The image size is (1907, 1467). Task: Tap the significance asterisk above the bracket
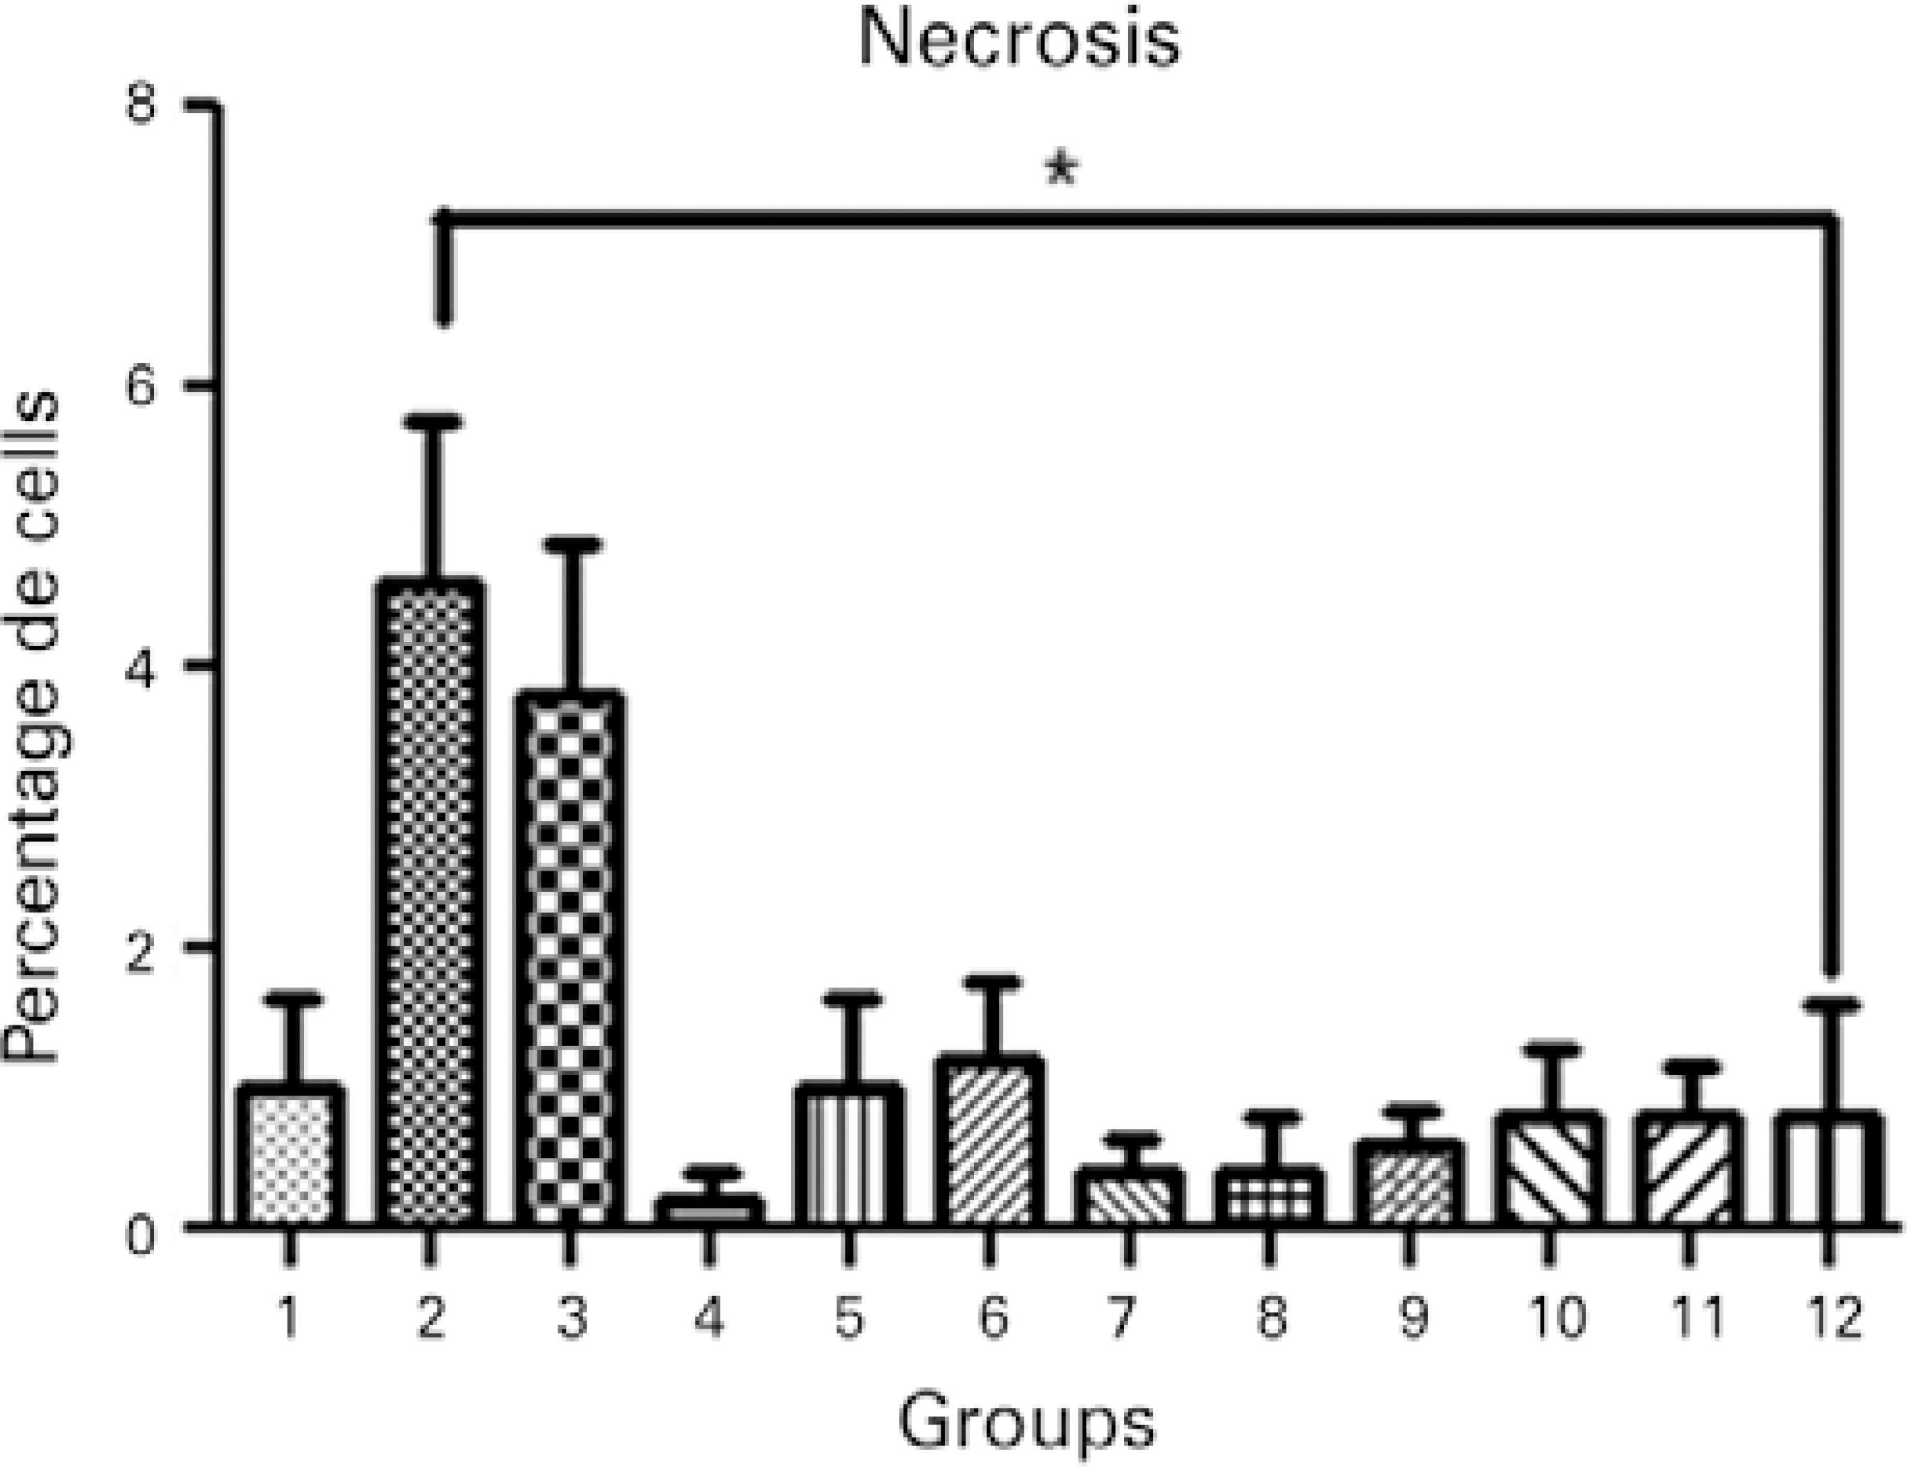point(1061,168)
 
